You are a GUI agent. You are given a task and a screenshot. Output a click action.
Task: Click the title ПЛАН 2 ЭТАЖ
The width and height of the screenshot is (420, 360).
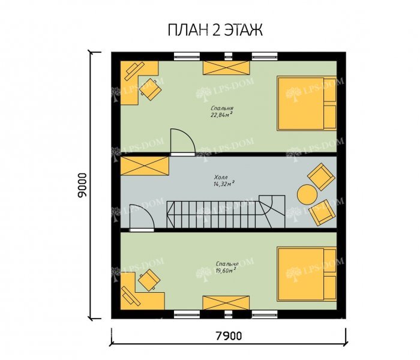[215, 30]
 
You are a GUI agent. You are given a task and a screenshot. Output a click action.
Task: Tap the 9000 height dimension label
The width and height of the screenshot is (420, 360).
[82, 185]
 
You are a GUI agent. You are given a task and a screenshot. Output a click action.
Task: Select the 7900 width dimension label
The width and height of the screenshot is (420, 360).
[229, 335]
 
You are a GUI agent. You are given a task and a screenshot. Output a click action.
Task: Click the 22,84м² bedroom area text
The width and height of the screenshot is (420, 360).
[221, 115]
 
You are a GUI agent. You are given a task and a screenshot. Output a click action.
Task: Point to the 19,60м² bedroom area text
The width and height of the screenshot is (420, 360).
[226, 270]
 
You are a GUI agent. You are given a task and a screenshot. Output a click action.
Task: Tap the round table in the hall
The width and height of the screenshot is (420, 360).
[307, 195]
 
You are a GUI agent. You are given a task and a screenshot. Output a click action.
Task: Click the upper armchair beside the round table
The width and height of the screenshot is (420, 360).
[321, 176]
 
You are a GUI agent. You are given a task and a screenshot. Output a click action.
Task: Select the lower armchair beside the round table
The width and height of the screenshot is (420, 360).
[322, 212]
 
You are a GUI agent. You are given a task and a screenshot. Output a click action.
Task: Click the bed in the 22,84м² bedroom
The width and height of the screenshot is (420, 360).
[307, 103]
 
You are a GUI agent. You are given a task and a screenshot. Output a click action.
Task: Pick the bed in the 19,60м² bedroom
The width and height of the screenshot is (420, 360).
[307, 274]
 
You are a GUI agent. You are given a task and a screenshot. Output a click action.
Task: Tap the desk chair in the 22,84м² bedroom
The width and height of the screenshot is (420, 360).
[151, 89]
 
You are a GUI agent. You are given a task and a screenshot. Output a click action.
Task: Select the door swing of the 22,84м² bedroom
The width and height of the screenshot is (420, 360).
[183, 141]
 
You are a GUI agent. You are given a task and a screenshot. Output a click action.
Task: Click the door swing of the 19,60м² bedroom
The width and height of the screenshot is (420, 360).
[142, 217]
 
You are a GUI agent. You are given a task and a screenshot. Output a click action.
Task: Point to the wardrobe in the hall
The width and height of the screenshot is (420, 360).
[145, 166]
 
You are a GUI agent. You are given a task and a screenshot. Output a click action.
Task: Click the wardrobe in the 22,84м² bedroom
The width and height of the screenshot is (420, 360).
[226, 68]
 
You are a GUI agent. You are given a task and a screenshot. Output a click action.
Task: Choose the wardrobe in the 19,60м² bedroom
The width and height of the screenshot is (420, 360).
[226, 302]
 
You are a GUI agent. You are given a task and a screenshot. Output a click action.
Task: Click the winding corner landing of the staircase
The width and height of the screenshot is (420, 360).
[271, 211]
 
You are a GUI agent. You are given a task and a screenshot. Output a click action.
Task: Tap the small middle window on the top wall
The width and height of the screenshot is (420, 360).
[229, 56]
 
